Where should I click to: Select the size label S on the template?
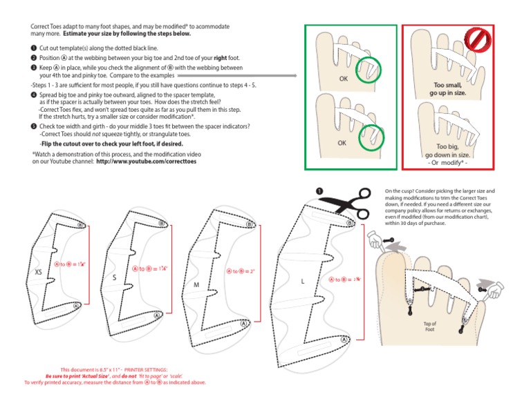[114, 277]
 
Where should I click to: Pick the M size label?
[196, 284]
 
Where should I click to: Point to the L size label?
[303, 282]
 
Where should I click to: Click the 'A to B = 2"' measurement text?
[241, 271]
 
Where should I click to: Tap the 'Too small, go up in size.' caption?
[447, 88]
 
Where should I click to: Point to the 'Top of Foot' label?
[431, 326]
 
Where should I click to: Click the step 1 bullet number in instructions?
[34, 49]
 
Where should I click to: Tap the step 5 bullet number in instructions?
[34, 127]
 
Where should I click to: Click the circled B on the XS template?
[80, 225]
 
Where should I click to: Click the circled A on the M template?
[243, 323]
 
